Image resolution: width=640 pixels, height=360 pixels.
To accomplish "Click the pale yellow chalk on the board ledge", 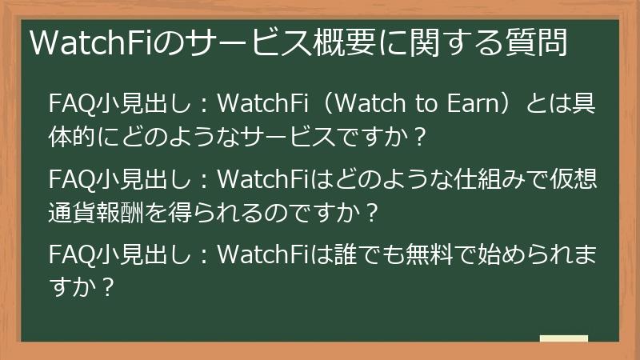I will [x=564, y=338].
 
